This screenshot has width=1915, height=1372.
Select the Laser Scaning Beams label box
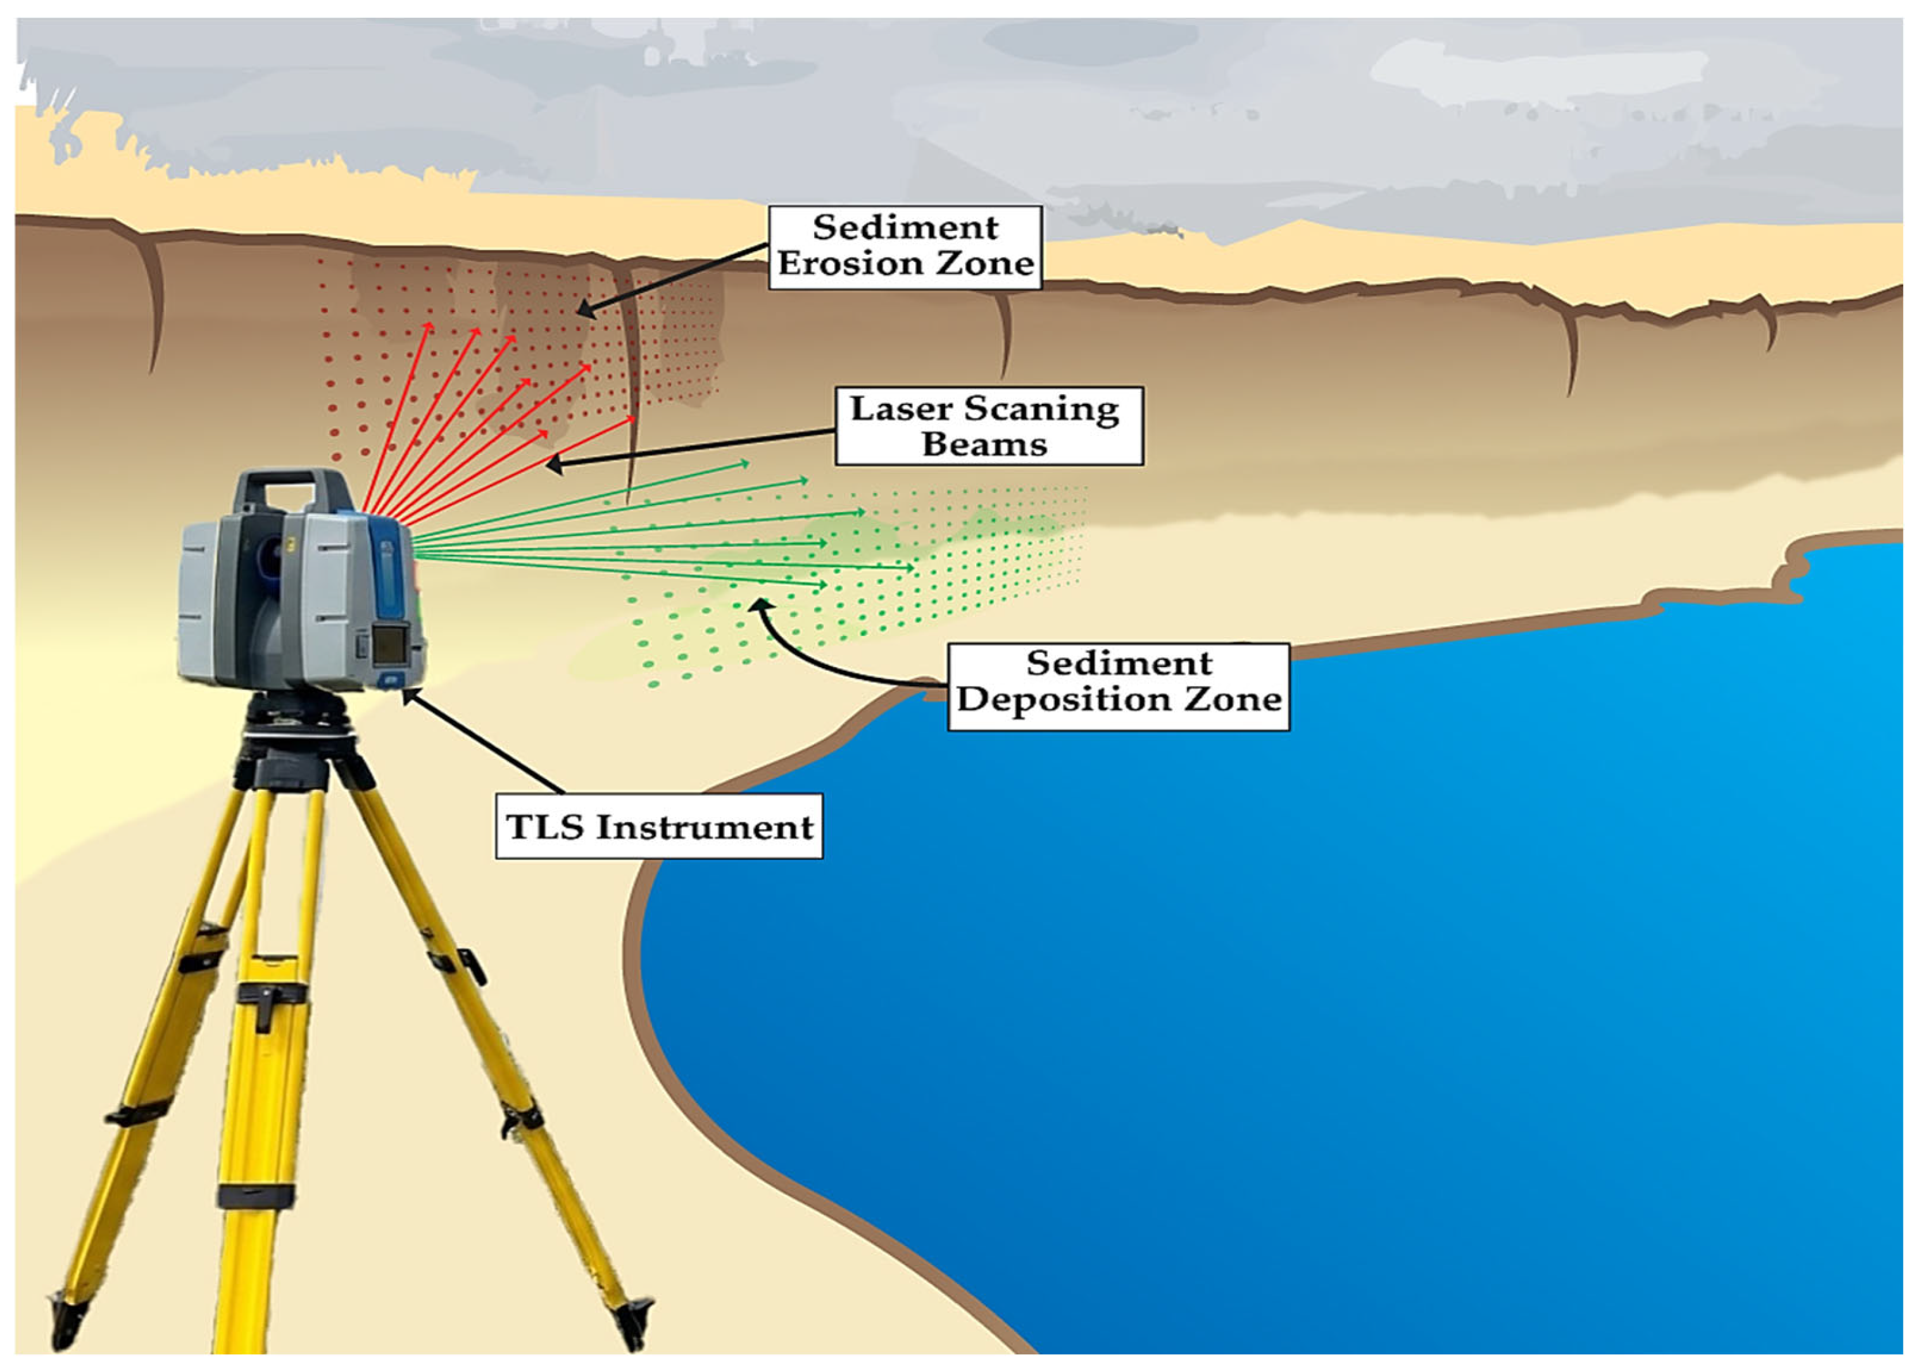[x=988, y=427]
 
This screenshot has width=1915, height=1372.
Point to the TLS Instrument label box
[x=658, y=826]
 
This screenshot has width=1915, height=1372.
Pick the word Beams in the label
[x=984, y=445]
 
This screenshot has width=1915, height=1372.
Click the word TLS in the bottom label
[x=546, y=827]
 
